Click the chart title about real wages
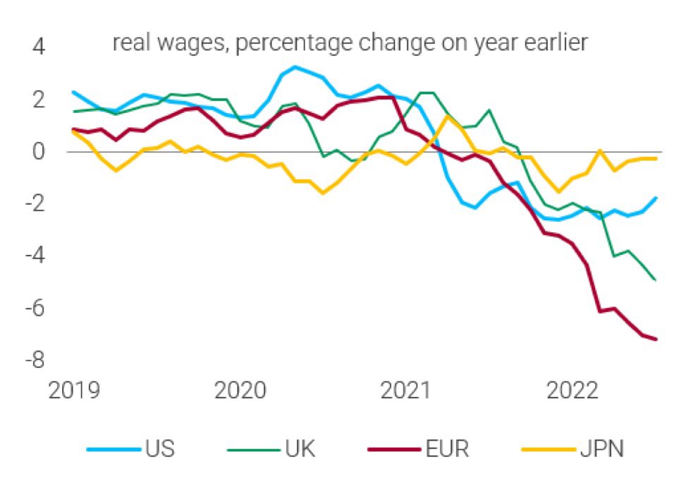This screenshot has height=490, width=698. tap(350, 44)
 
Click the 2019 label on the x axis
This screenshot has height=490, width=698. tap(74, 390)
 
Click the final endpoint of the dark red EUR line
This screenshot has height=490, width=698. tap(657, 340)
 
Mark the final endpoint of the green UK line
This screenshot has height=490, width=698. tap(657, 280)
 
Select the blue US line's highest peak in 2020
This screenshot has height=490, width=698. tap(295, 67)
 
